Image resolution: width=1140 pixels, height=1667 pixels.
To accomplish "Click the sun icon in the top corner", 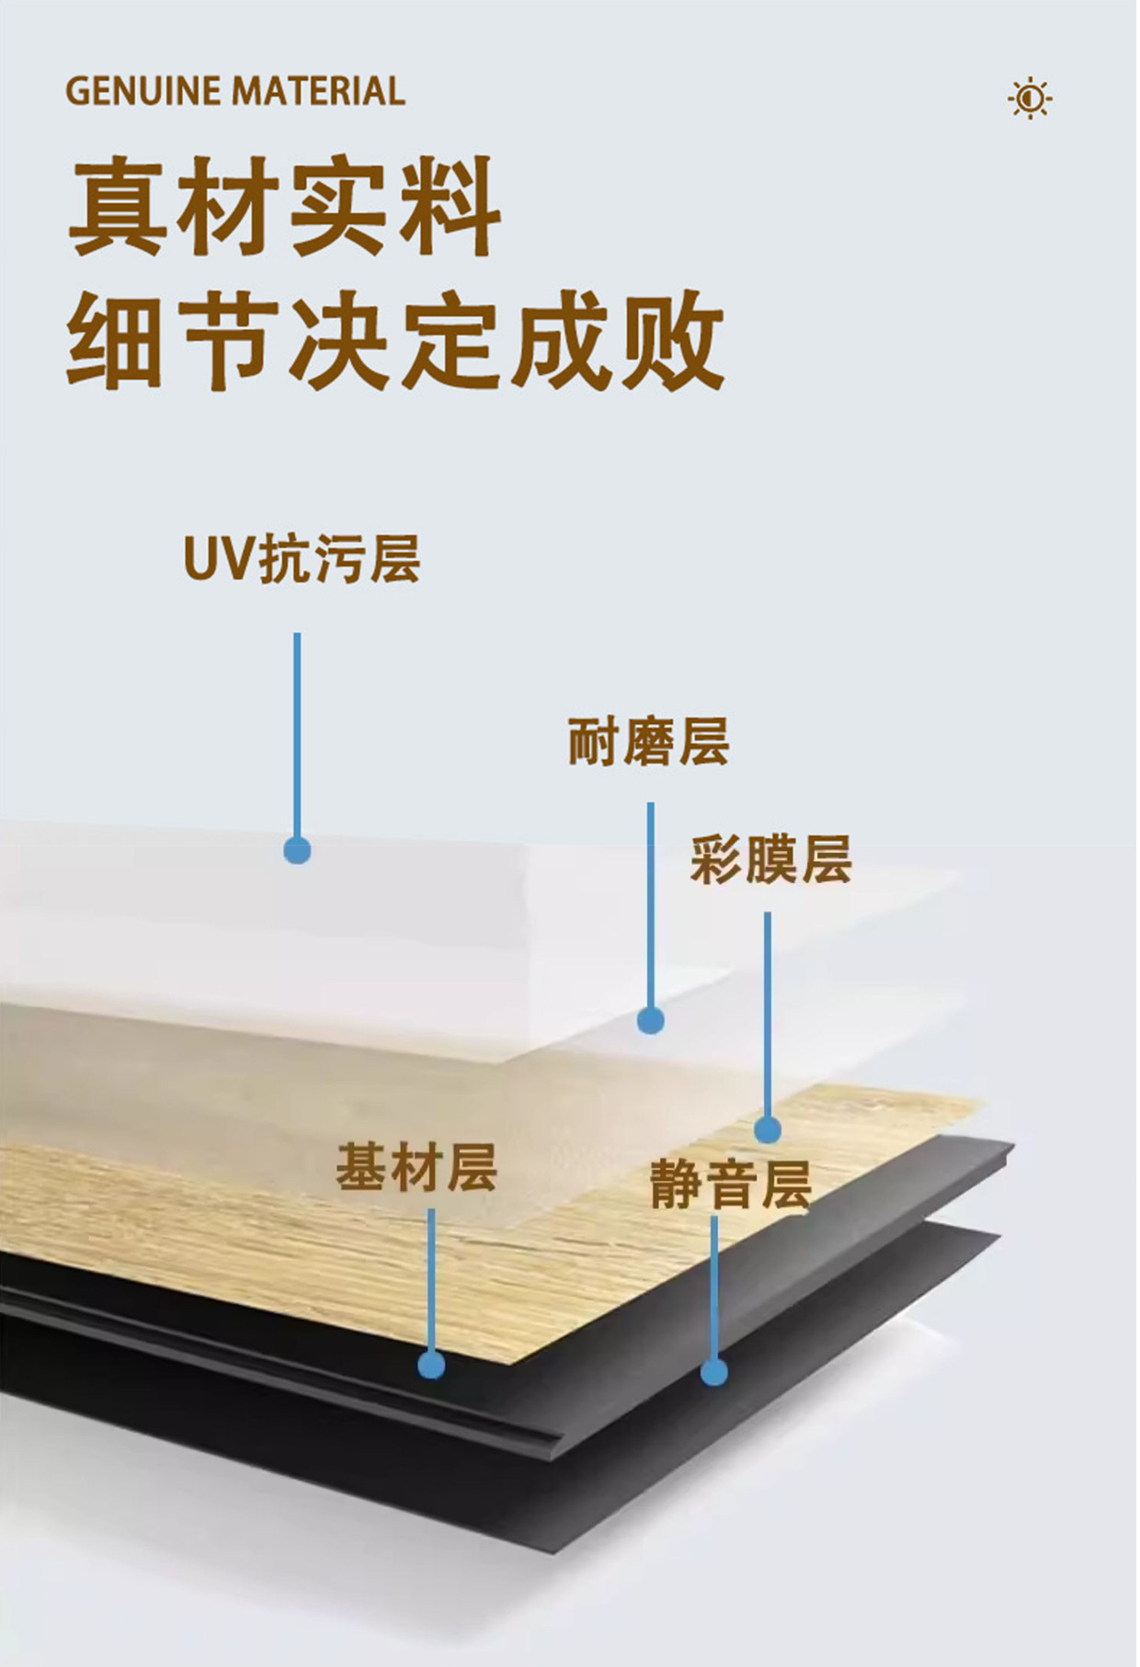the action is click(1030, 97).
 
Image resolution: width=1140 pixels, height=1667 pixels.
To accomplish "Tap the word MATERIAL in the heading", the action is click(318, 92).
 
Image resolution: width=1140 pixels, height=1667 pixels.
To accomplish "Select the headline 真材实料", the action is click(285, 208).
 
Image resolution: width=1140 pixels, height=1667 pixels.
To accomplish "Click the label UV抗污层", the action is click(302, 558).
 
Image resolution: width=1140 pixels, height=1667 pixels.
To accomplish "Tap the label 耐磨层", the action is click(649, 742).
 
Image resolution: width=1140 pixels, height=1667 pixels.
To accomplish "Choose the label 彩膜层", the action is click(771, 859).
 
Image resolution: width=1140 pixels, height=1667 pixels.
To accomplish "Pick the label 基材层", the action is click(416, 1168).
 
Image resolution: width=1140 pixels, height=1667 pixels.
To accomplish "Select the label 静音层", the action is click(731, 1184).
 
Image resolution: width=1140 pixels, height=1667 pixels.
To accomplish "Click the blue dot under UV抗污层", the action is click(297, 850).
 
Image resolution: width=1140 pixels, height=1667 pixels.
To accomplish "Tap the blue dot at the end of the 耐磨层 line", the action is click(651, 1020).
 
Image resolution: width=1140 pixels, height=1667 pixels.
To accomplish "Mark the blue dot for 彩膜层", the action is click(768, 1128).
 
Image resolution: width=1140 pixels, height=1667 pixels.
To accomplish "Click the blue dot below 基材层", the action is click(431, 1364).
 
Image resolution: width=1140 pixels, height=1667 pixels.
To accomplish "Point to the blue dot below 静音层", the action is click(714, 1372).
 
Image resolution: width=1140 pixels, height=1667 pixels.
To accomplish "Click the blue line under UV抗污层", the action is click(297, 735).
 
